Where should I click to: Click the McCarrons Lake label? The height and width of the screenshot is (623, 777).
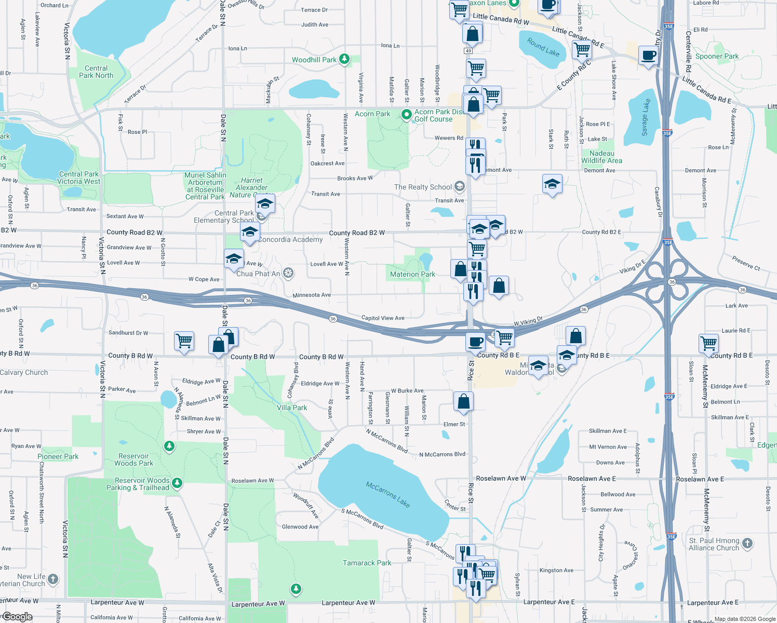(x=388, y=494)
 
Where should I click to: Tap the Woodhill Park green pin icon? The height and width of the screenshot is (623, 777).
(x=344, y=59)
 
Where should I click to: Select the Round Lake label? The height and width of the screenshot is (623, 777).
(x=543, y=47)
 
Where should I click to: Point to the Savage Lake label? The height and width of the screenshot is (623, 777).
(x=646, y=117)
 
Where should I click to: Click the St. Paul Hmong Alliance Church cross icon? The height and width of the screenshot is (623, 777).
(x=747, y=544)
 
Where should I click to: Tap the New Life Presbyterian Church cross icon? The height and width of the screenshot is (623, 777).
(x=53, y=579)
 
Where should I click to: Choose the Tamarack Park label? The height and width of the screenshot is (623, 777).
(x=367, y=563)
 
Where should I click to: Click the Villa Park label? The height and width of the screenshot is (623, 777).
(x=292, y=408)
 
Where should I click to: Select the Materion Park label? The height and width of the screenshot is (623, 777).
(x=412, y=274)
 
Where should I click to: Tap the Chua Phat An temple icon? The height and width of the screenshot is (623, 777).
(x=288, y=273)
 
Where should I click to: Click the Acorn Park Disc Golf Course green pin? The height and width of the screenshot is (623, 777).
(x=407, y=114)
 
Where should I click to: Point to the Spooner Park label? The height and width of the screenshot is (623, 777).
(x=717, y=56)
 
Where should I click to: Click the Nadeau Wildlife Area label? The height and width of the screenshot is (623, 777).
(x=601, y=157)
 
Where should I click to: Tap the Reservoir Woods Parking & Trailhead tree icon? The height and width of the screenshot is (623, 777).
(x=177, y=483)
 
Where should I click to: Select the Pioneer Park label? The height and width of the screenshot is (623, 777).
(x=58, y=456)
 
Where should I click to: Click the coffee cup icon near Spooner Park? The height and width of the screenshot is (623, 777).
(x=648, y=55)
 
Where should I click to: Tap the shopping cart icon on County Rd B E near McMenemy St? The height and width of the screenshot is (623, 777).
(x=708, y=343)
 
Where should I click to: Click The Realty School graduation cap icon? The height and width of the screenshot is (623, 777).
(x=459, y=186)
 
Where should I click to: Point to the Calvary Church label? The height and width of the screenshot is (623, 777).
(x=24, y=372)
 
